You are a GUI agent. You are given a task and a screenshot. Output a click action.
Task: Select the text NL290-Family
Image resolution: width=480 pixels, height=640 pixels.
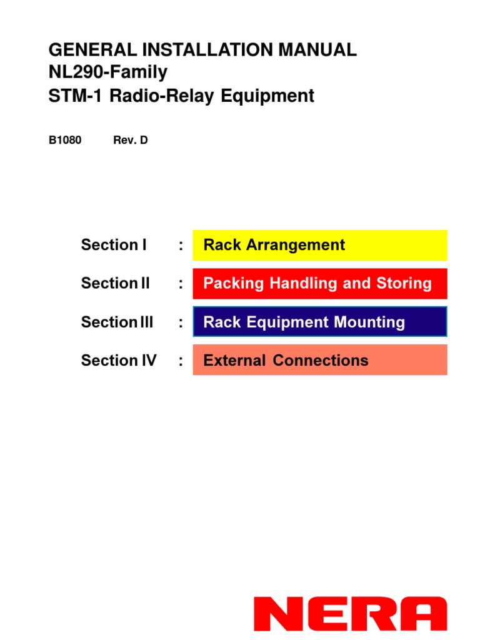click(108, 72)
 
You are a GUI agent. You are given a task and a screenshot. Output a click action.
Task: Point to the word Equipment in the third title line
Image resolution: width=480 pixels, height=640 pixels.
click(272, 96)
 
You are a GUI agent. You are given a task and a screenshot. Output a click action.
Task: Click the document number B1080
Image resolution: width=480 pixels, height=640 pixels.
click(65, 140)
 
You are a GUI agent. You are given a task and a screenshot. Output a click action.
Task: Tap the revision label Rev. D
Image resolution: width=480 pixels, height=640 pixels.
click(130, 140)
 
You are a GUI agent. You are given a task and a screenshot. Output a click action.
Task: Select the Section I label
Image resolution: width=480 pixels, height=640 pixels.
click(114, 245)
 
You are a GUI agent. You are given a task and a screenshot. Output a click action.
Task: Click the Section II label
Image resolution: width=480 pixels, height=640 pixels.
click(116, 283)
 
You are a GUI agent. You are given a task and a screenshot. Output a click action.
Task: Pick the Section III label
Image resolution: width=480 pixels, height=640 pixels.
click(117, 322)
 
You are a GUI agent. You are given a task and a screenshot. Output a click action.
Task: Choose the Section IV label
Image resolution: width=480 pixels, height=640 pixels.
click(119, 361)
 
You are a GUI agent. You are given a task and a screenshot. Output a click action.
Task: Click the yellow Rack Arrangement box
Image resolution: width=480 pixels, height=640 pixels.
click(320, 245)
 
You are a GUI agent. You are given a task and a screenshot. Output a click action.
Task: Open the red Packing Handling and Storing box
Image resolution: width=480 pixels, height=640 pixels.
click(320, 283)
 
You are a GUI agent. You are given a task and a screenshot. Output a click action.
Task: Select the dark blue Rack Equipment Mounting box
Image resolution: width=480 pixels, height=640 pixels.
click(320, 322)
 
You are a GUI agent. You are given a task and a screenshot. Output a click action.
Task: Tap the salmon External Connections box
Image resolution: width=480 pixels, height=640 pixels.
click(320, 361)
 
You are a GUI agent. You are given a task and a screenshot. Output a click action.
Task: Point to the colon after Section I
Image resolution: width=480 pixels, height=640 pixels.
click(181, 246)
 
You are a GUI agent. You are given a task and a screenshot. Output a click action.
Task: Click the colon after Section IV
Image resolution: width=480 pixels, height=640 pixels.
click(181, 361)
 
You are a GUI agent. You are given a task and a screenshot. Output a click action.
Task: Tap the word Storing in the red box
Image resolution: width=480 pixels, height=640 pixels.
click(404, 284)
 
